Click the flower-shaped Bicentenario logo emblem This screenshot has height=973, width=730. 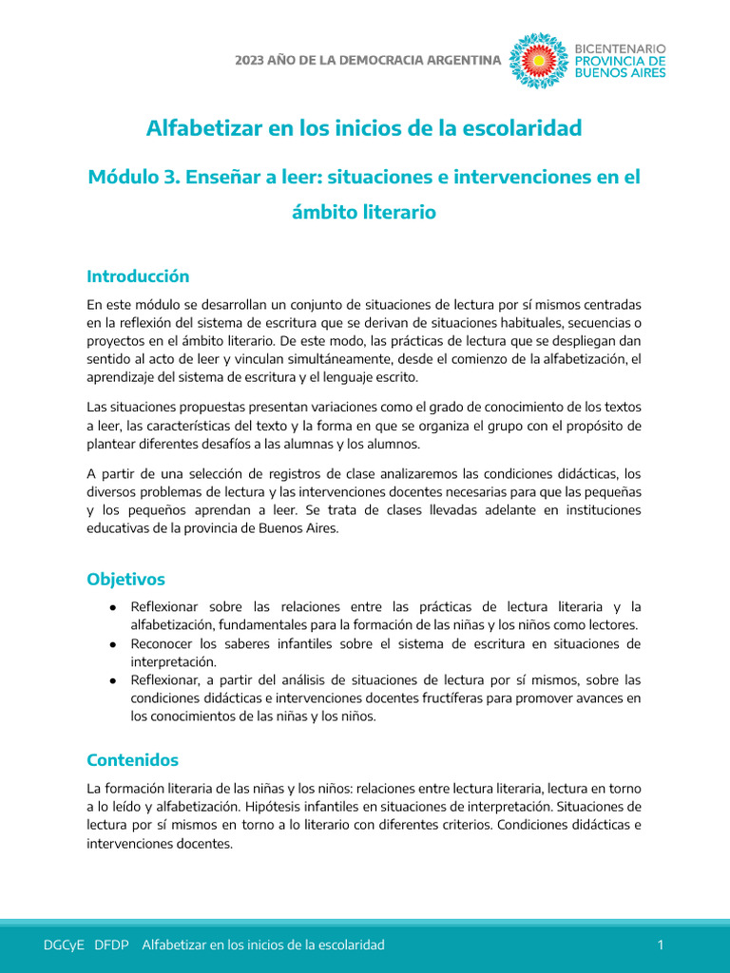coord(539,61)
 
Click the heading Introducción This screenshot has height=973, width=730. coord(138,277)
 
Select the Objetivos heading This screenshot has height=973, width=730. coord(125,579)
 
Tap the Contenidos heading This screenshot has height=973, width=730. coord(132,760)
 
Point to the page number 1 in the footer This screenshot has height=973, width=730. coord(660,944)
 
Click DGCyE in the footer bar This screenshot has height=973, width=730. coord(64,944)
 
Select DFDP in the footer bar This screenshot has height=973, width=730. coord(112,944)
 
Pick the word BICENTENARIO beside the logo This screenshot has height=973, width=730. coord(622,48)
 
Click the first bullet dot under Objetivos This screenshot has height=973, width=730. coord(112,607)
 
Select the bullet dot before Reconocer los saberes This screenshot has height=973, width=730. coord(112,644)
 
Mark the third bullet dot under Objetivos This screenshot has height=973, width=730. coord(112,680)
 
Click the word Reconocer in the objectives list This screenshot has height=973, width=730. coord(163,643)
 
